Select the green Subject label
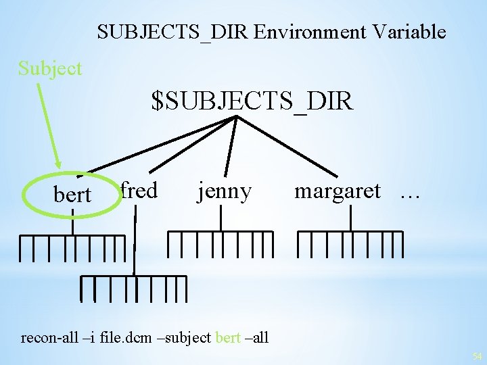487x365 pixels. pos(50,68)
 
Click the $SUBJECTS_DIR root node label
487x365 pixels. pos(252,101)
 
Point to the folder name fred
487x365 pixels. pos(139,191)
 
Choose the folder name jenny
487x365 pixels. pos(224,192)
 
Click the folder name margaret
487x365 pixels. pos(337,191)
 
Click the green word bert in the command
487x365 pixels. pos(228,337)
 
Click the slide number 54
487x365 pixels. pos(476,356)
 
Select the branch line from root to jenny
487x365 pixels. pos(230,146)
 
